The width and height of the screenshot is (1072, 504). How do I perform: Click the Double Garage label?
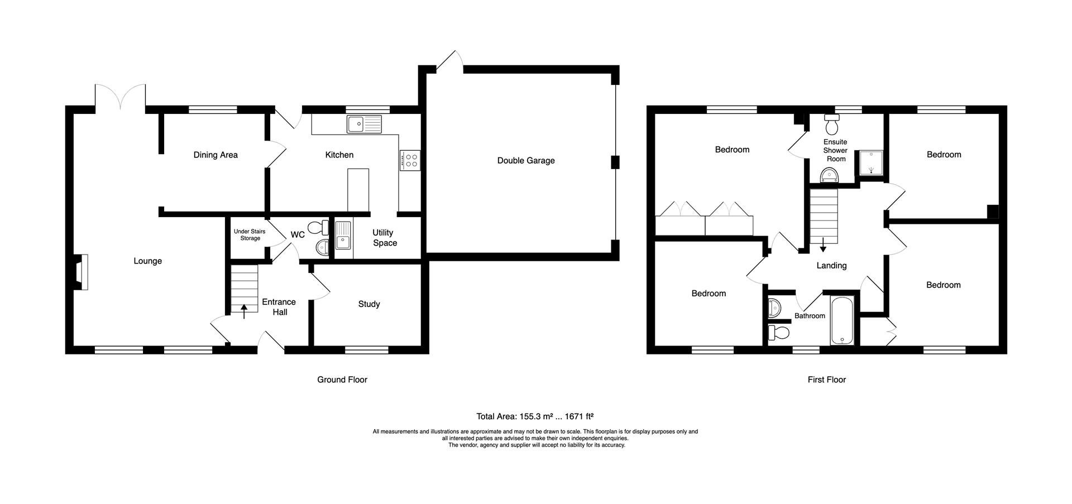pos(526,161)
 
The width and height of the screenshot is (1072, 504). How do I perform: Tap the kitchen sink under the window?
pos(363,124)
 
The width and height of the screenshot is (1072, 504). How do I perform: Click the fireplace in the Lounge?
pos(82,272)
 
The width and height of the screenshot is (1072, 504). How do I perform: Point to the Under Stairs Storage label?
pos(250,235)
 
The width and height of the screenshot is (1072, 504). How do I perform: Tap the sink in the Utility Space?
pos(343,235)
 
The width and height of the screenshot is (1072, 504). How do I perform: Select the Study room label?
pos(368,304)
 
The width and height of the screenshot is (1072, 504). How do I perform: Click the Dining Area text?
pos(216,155)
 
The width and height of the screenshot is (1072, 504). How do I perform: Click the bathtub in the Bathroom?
pos(841,320)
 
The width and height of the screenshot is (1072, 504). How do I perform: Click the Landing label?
pos(831,266)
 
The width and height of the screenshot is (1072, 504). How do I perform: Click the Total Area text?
pos(534,416)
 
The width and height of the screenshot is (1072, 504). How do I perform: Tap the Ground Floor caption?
pos(342,380)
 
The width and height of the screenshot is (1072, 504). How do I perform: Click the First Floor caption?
pos(826,380)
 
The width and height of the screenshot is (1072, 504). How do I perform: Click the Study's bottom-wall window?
pos(366,350)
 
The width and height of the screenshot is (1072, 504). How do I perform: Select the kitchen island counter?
pos(358,190)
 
